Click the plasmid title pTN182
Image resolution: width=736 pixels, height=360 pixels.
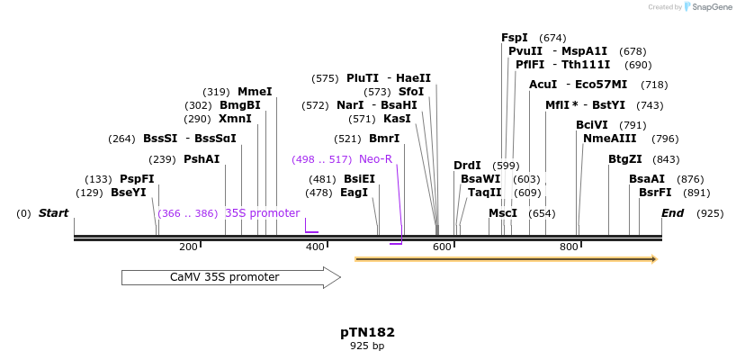tap(367, 332)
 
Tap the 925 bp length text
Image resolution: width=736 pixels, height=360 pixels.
tap(367, 346)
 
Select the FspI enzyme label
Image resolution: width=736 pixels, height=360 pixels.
tap(515, 38)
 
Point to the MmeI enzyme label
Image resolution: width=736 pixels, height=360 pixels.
tap(255, 92)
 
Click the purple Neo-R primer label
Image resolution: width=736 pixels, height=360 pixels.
tap(375, 159)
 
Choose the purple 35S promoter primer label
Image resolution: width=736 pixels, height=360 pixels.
tap(262, 213)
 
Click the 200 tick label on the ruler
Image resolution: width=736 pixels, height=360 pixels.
tap(188, 247)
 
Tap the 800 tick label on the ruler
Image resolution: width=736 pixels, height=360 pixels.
tap(569, 247)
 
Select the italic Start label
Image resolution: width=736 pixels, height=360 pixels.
tap(53, 213)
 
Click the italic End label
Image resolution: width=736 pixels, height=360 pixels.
tap(672, 213)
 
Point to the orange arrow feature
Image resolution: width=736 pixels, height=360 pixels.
tap(506, 259)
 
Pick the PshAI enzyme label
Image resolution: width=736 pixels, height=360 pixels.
tap(202, 159)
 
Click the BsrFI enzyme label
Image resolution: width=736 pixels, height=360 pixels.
tap(655, 193)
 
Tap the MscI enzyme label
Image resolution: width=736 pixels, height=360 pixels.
tap(503, 213)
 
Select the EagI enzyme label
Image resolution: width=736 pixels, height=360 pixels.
tap(354, 193)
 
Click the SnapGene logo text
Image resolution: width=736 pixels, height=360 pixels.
tap(712, 7)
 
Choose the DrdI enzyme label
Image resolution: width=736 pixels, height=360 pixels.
tap(467, 166)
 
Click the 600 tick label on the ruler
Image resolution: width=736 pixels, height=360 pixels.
tap(442, 247)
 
